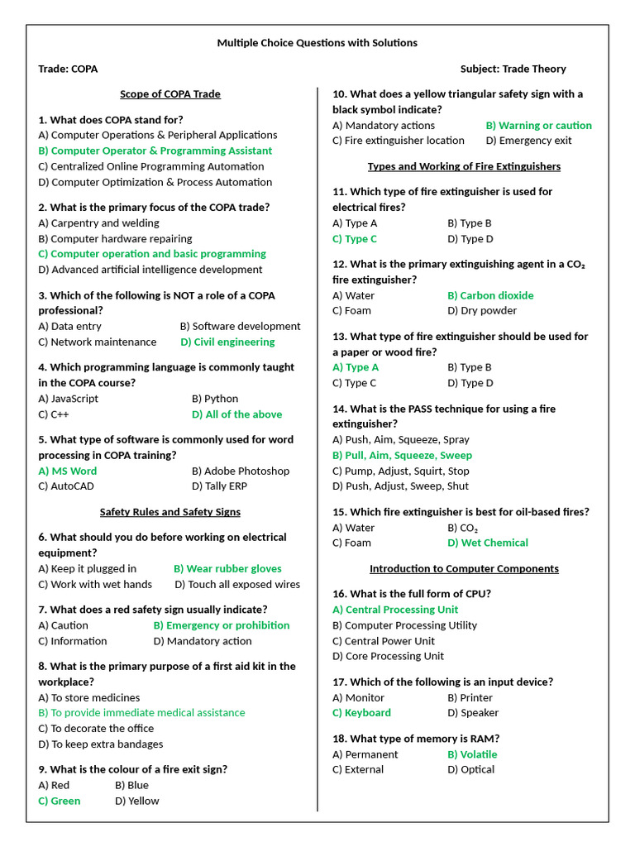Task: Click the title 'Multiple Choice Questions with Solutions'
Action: [317, 42]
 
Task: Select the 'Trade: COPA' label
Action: [68, 69]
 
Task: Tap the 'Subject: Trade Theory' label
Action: [513, 69]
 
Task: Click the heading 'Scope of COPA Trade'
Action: [170, 93]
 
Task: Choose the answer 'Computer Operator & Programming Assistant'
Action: [155, 151]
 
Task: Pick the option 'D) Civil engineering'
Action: [227, 342]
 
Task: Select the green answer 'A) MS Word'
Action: [68, 471]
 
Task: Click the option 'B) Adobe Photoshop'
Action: [241, 471]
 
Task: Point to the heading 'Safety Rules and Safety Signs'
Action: [170, 512]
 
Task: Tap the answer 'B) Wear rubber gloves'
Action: [227, 568]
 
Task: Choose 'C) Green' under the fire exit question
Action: [60, 801]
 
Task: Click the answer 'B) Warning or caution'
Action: [538, 125]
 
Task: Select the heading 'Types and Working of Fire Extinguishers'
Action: [464, 166]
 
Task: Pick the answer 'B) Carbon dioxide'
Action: [490, 295]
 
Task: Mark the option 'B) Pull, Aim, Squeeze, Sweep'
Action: [402, 455]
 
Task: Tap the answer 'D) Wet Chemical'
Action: [488, 543]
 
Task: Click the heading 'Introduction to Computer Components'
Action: [464, 568]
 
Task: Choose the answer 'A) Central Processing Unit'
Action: [395, 610]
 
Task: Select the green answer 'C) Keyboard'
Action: [361, 712]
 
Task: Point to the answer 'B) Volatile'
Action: [472, 754]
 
